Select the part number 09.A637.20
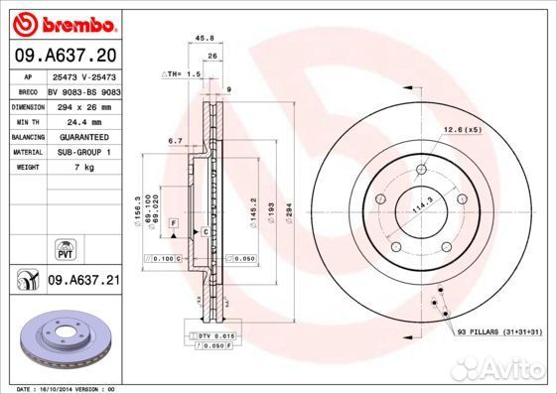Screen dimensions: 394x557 [66, 56]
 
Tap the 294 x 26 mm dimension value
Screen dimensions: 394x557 [83, 104]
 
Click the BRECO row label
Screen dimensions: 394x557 [27, 89]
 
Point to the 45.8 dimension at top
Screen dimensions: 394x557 [206, 39]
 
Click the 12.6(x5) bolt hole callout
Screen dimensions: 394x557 [462, 129]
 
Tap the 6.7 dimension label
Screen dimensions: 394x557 [174, 141]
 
